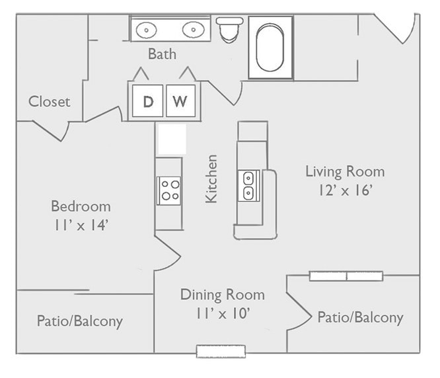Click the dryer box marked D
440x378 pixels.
coord(148,101)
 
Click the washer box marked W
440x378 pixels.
coord(180,101)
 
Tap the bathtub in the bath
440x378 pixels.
coord(270,48)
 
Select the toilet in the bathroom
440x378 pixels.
coord(230,29)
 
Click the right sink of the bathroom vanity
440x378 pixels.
coord(192,29)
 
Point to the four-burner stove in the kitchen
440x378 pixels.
coord(168,190)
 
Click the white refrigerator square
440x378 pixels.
coord(171,140)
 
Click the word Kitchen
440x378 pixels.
coord(211,178)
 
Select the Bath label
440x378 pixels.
coord(162,54)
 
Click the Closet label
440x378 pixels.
coord(49,101)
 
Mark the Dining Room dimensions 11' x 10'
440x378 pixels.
coord(223,313)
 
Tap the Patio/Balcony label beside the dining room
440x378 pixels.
coord(360,317)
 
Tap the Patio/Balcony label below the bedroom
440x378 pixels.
coord(79,321)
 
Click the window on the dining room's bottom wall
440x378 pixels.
coord(221,351)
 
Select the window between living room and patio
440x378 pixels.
coord(347,276)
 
